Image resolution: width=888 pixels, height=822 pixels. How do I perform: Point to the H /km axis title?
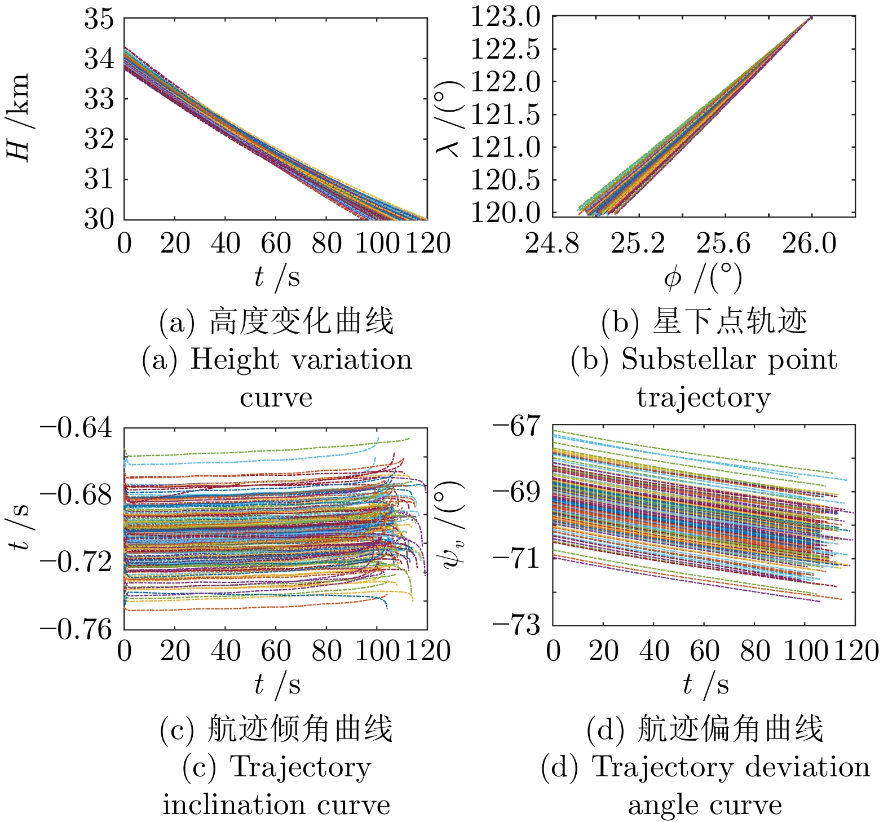(19, 117)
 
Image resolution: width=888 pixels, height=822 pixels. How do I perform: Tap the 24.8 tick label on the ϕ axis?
(552, 244)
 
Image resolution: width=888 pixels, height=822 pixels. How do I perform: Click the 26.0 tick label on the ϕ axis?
(809, 244)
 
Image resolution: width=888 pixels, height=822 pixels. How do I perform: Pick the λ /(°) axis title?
(450, 117)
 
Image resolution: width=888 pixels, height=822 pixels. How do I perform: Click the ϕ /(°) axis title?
(703, 277)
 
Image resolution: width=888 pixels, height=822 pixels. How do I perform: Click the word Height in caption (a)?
(234, 360)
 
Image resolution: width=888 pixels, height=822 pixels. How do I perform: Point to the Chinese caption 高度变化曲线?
(301, 322)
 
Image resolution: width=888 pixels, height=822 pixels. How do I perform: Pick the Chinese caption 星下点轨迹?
(730, 322)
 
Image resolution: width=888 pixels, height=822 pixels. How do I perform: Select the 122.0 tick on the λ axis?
(505, 82)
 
